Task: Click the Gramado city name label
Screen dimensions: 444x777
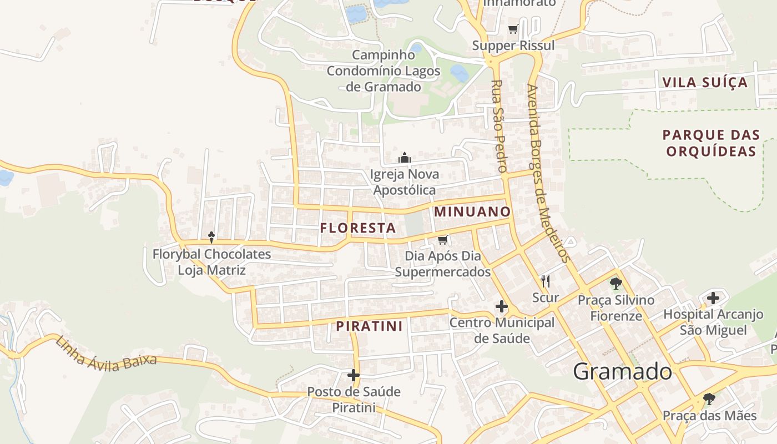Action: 622,371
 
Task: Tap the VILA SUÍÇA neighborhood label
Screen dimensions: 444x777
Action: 705,83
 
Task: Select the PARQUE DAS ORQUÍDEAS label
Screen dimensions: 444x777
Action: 711,143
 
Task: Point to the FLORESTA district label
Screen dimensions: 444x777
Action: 358,228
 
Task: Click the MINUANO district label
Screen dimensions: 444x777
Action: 472,211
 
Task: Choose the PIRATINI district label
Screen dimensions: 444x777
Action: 369,326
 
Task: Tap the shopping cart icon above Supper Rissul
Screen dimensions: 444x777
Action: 513,29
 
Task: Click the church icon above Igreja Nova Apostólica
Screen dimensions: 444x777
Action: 405,158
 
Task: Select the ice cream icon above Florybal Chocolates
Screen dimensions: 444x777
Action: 211,238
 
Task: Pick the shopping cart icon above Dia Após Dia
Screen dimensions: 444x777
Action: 442,240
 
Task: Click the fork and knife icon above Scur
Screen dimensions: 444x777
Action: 546,281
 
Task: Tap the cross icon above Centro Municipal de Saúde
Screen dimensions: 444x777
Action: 502,306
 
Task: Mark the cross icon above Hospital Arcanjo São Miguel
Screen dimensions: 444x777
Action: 713,298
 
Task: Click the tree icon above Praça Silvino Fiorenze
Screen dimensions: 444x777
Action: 616,284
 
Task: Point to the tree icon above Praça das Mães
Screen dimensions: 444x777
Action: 709,398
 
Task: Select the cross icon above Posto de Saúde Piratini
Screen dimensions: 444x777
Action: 354,375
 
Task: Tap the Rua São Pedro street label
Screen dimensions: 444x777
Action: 499,125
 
